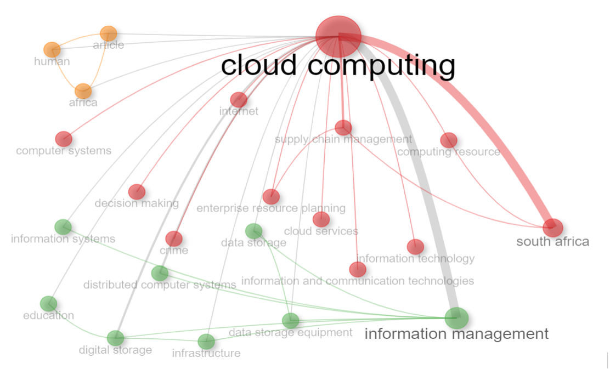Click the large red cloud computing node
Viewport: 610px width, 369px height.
click(338, 37)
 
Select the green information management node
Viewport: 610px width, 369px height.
click(457, 318)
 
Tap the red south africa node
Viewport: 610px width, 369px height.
click(553, 228)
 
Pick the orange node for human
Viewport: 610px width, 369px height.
click(52, 50)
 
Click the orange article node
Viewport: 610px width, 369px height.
click(109, 34)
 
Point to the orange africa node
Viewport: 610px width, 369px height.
click(83, 92)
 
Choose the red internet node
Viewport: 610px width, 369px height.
click(239, 100)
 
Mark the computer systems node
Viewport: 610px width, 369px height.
click(64, 139)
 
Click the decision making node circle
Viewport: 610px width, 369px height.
click(137, 192)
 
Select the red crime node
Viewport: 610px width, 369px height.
click(173, 239)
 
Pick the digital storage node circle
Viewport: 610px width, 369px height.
click(115, 338)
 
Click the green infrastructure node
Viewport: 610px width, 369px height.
click(206, 342)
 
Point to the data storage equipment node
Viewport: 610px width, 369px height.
click(291, 321)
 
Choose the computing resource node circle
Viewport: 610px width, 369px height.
click(449, 140)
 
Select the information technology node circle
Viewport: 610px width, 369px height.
click(415, 247)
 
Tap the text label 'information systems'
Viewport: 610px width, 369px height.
click(63, 239)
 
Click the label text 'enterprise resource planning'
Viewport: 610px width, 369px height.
click(271, 208)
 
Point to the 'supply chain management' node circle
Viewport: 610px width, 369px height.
click(343, 128)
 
